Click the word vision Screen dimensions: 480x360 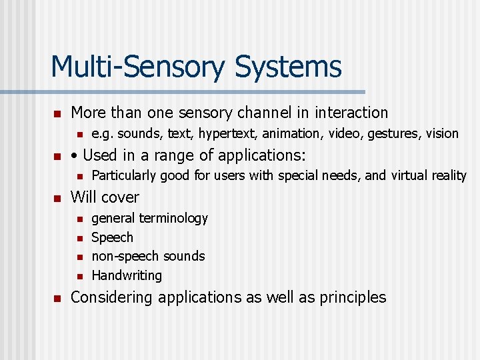tap(442, 134)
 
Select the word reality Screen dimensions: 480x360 tap(447, 176)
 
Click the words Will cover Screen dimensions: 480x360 tap(105, 197)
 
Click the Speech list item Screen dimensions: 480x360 tap(112, 237)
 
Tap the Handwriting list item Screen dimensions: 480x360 tap(126, 275)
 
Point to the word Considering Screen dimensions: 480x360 tap(111, 297)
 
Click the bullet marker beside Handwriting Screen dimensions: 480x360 tap(77, 276)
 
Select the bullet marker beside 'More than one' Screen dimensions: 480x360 tap(57, 113)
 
